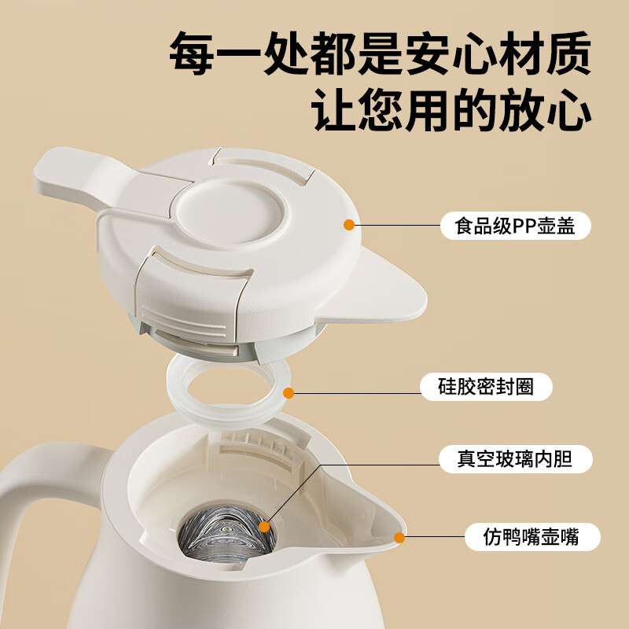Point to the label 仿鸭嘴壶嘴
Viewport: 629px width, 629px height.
tap(531, 538)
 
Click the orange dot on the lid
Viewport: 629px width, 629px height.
tap(348, 226)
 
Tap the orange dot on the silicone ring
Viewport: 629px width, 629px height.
tap(289, 392)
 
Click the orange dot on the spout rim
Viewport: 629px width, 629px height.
tap(399, 539)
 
